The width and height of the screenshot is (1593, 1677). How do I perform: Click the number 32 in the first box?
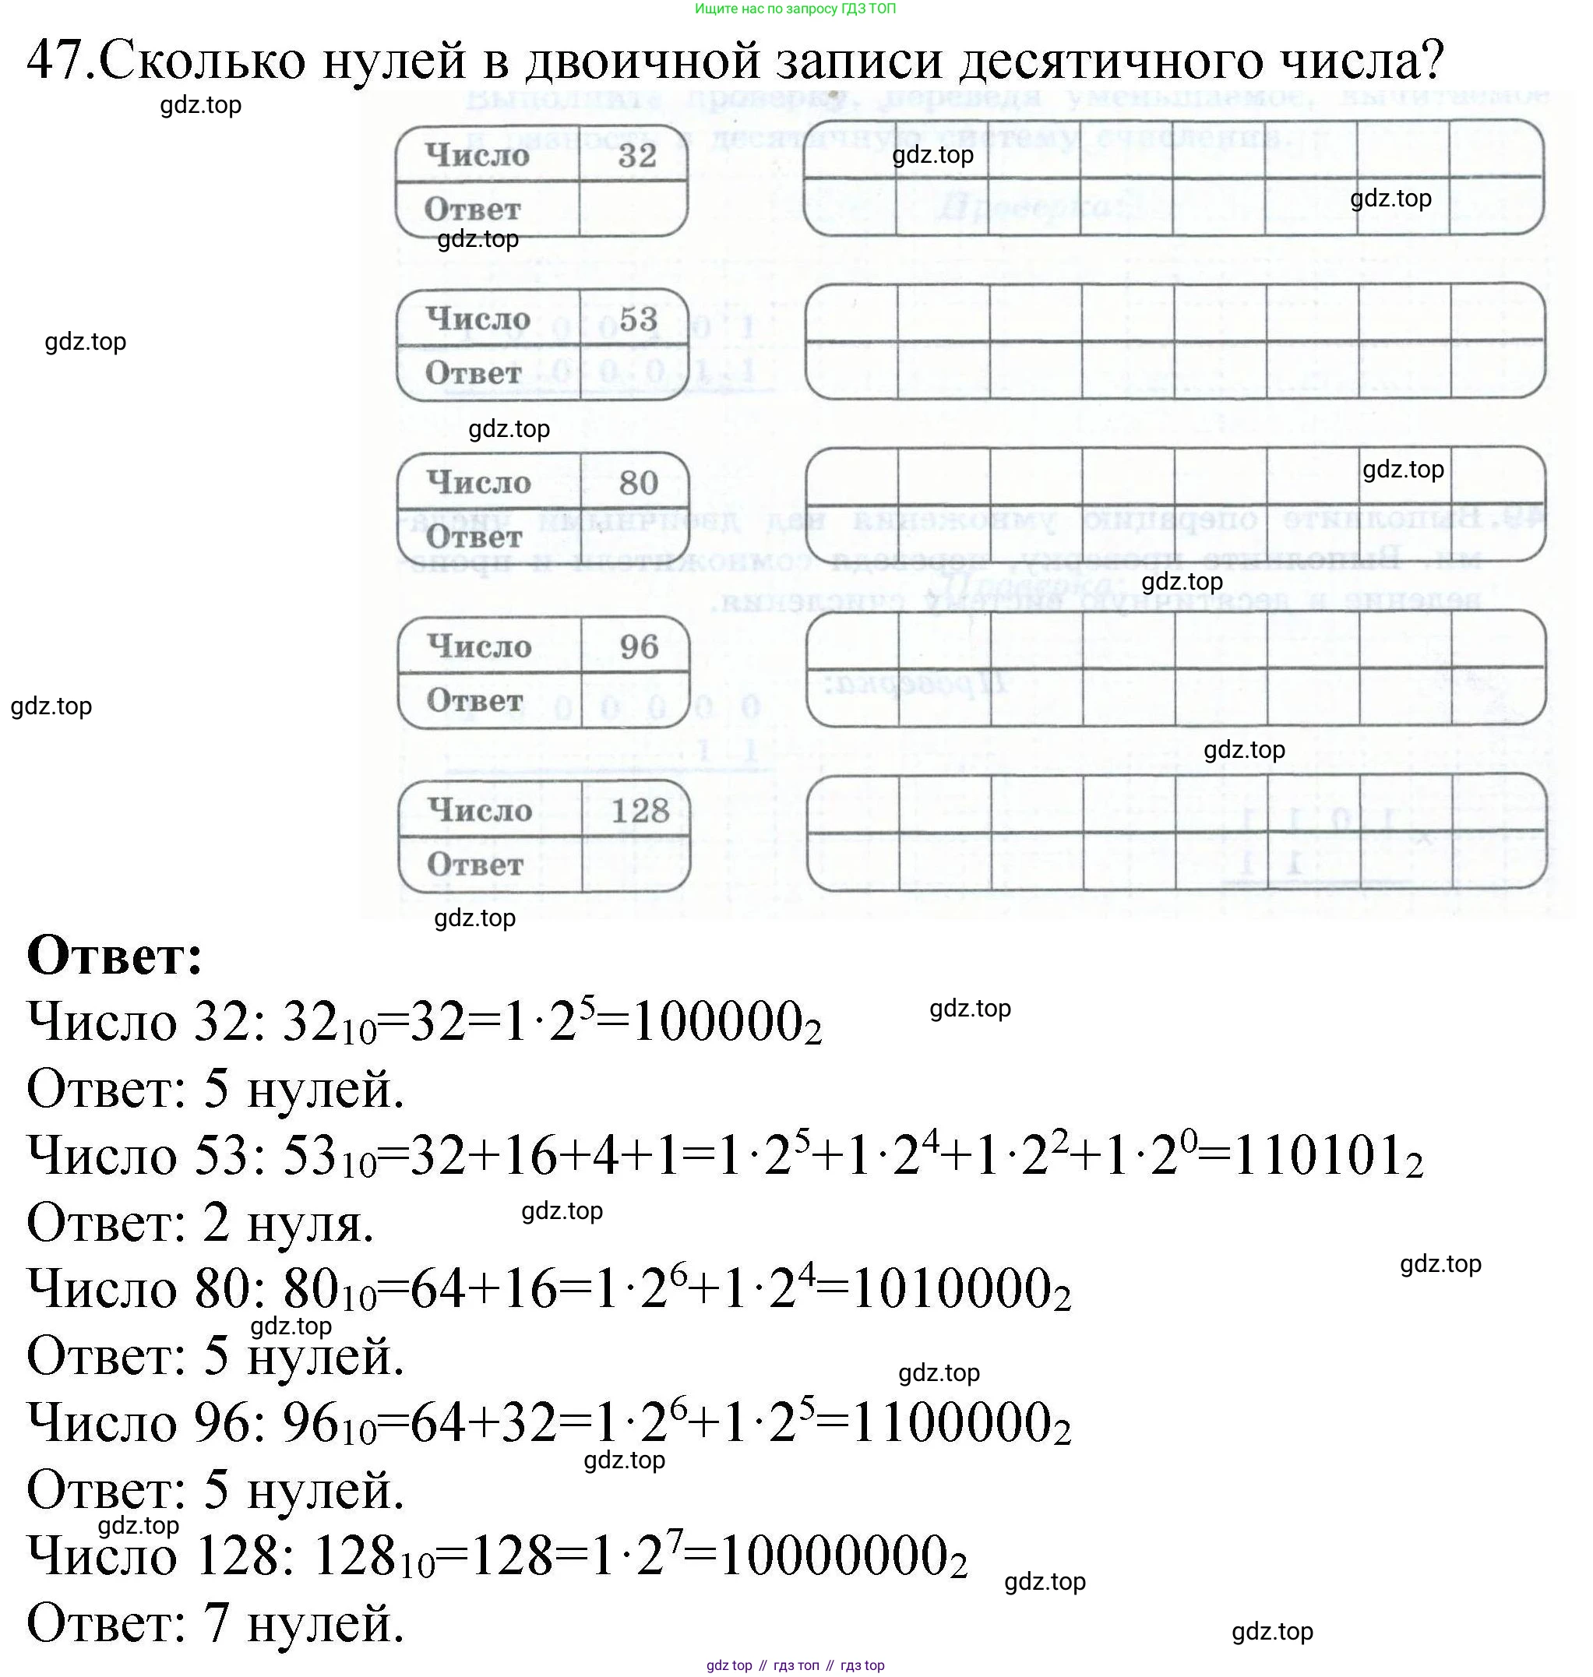[637, 155]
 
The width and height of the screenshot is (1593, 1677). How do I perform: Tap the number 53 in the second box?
[638, 319]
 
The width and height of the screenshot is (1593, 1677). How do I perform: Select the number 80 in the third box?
[639, 483]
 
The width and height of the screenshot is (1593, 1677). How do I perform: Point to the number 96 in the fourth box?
[639, 647]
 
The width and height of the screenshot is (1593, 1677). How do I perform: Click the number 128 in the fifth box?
[640, 811]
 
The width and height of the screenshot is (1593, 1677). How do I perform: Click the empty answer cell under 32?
[633, 209]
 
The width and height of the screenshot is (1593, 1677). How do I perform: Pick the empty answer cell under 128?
[635, 865]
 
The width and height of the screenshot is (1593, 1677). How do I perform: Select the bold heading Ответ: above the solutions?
[115, 955]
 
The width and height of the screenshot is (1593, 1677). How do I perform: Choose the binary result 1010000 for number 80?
[960, 1290]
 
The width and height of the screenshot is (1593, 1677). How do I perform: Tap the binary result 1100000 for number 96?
[960, 1423]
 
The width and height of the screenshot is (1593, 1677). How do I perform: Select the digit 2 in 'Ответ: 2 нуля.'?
[217, 1223]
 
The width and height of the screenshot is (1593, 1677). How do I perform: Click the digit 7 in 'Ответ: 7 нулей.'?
[217, 1623]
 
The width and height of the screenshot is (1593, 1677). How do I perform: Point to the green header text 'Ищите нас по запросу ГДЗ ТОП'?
[795, 9]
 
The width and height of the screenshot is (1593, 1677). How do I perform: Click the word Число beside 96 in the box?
[479, 647]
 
